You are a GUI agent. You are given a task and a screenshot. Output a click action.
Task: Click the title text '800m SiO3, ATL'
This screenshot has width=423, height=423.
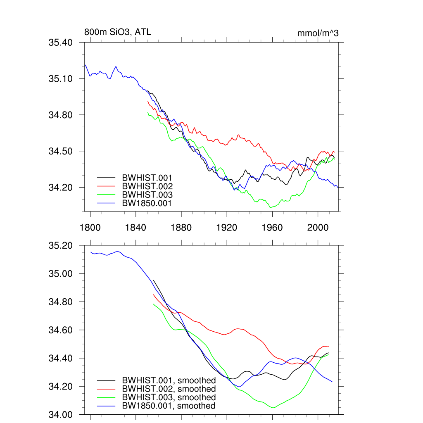[115, 32]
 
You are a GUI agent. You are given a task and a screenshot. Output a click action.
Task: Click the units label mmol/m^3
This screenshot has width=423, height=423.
[318, 33]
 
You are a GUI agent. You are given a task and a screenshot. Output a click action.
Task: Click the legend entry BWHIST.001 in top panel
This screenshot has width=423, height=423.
[147, 178]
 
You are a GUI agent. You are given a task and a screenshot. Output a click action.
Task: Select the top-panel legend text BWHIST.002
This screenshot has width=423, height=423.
[147, 186]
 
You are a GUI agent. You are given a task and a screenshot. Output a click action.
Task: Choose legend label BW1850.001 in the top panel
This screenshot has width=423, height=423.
[147, 203]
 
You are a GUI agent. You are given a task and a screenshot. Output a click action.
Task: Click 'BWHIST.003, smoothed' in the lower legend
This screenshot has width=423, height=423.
[169, 397]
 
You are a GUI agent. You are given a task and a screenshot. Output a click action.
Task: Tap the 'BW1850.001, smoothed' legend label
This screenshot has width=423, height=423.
[169, 406]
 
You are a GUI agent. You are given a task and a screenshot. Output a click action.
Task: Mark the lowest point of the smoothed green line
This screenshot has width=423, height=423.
[273, 408]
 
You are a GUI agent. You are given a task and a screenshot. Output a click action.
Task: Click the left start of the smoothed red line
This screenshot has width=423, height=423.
[154, 295]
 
